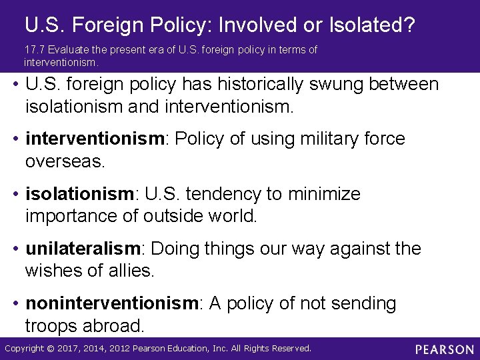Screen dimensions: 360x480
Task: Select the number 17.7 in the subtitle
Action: click(x=32, y=50)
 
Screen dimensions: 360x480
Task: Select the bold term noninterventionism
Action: click(x=112, y=303)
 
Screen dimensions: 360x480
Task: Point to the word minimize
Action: click(x=325, y=194)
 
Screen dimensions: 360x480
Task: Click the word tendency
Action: click(x=226, y=194)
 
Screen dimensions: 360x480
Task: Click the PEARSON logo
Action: click(x=444, y=349)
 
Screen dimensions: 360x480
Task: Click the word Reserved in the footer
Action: click(x=291, y=349)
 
